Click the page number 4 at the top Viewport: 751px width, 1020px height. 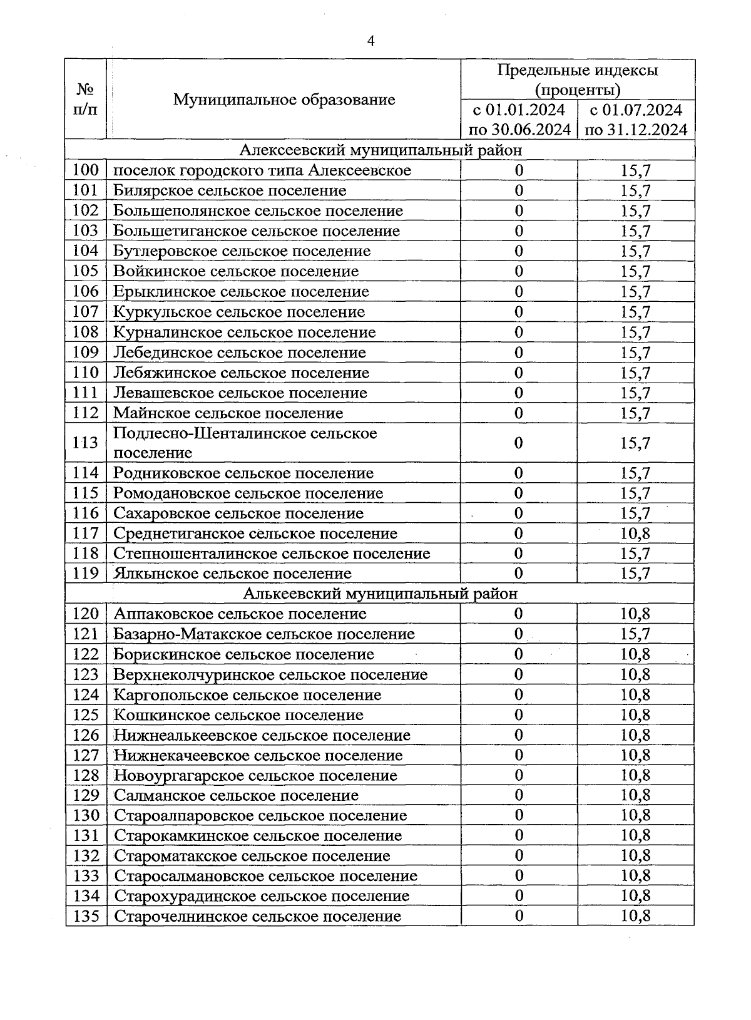[x=370, y=41]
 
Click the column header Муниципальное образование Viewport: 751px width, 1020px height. [x=284, y=100]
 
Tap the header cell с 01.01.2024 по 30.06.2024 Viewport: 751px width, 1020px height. [x=519, y=120]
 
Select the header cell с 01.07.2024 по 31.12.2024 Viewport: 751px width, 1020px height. [x=635, y=120]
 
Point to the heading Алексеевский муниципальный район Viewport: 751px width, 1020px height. [x=381, y=150]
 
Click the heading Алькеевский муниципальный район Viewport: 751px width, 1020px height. [x=381, y=594]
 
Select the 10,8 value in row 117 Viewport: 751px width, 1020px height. [x=635, y=533]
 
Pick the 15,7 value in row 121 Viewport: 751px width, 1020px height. [x=635, y=634]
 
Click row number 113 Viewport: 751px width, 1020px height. [x=86, y=443]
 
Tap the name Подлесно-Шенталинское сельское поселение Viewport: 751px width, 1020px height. [x=245, y=443]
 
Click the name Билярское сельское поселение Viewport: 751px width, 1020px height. [x=230, y=190]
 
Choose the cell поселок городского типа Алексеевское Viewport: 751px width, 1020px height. [x=262, y=170]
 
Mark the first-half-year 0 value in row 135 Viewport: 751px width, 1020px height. [x=519, y=916]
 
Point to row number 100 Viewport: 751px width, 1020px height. [x=86, y=170]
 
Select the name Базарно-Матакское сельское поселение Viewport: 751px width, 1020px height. [x=264, y=634]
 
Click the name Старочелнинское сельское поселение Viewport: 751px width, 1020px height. [x=258, y=917]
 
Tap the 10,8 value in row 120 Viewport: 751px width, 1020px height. [x=635, y=614]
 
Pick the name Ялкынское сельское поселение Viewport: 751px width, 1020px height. [x=232, y=574]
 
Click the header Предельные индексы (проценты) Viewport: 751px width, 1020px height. [x=578, y=80]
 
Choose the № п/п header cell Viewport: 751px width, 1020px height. [x=86, y=100]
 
